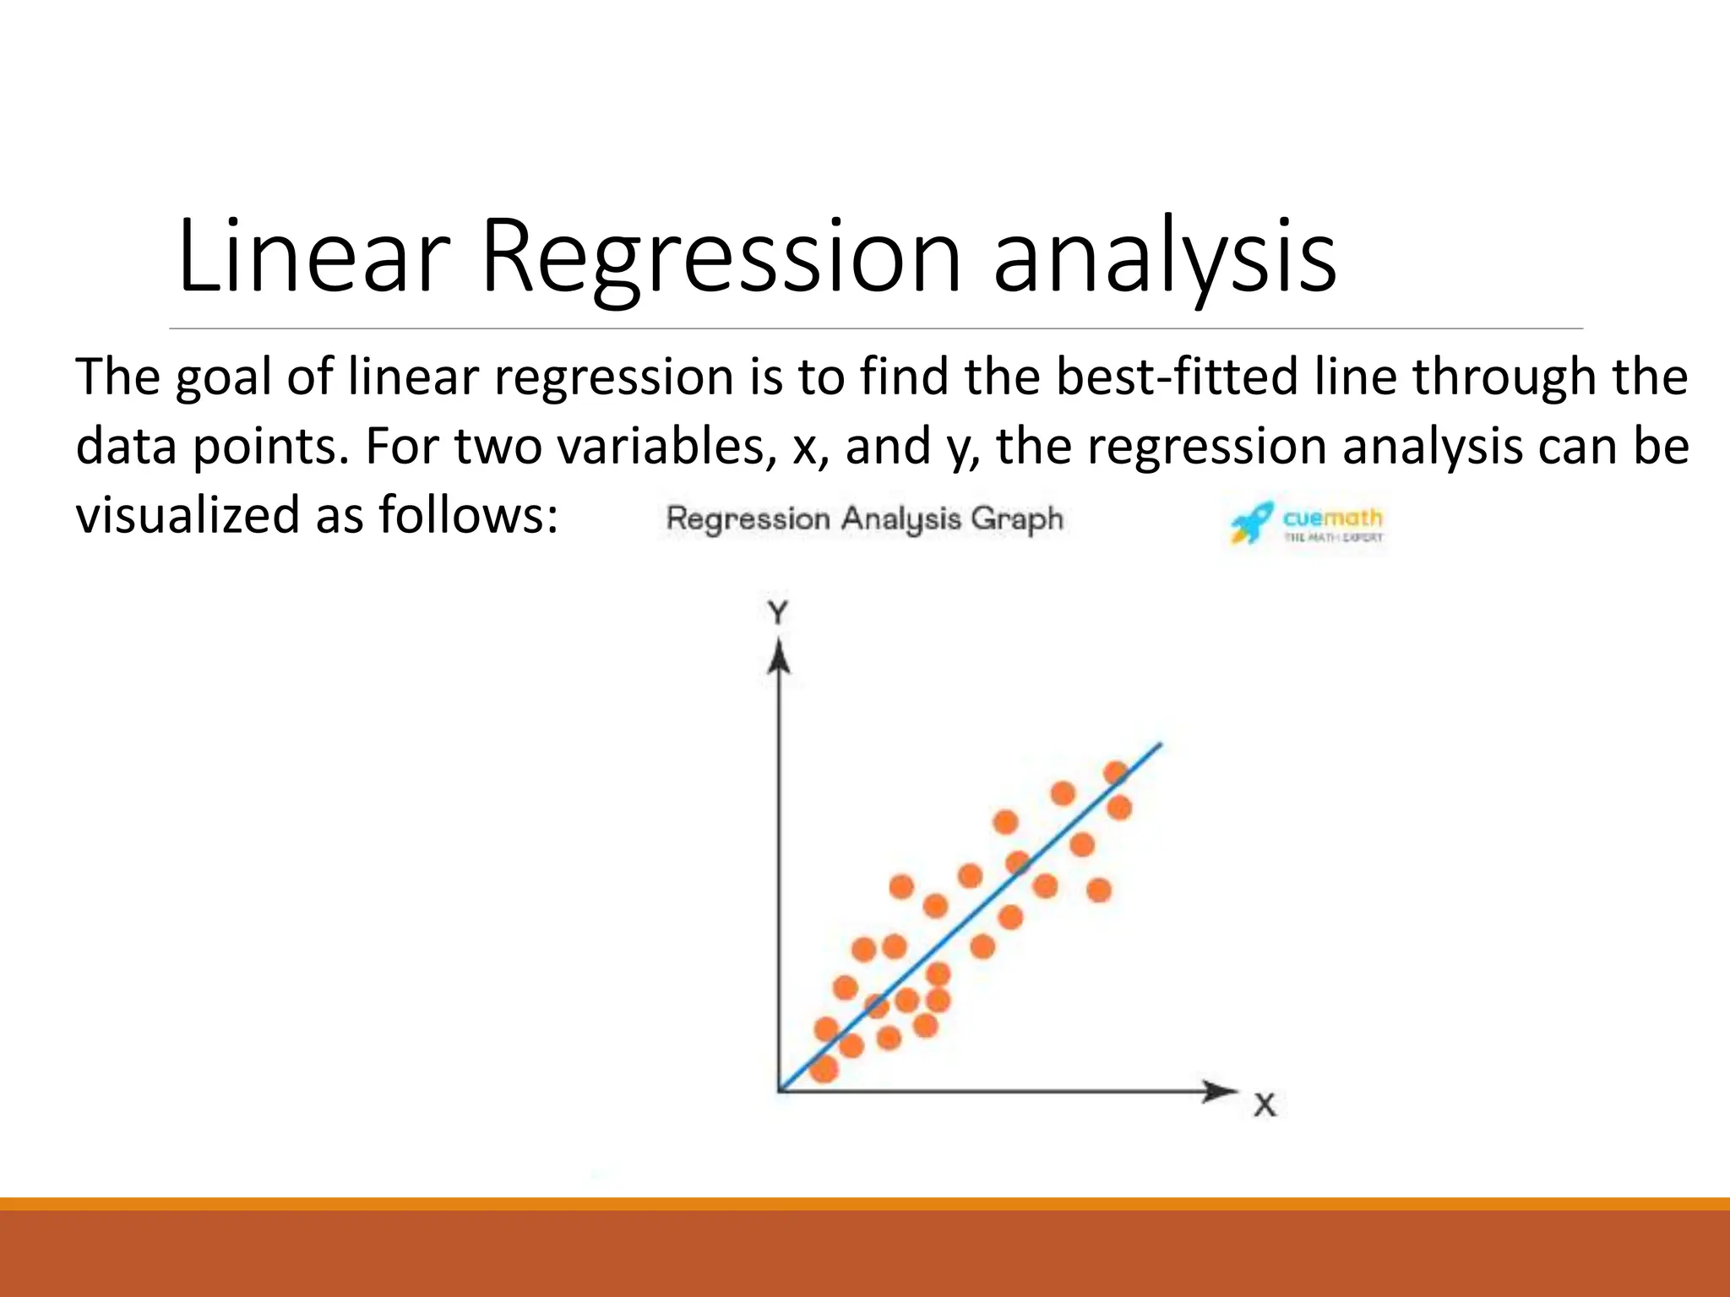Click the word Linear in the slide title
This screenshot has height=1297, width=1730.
313,258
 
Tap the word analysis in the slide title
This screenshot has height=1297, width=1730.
1164,258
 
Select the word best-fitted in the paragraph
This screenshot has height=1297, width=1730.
1177,377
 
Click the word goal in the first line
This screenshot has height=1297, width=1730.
223,378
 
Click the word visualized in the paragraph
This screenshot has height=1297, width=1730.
187,515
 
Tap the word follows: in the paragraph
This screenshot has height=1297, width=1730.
468,515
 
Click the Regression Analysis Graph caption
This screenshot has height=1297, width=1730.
864,518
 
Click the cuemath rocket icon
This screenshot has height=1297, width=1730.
1251,523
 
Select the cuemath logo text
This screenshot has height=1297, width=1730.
1332,518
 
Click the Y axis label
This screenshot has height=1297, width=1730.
777,611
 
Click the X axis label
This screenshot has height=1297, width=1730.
1265,1105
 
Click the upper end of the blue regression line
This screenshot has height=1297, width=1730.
1159,746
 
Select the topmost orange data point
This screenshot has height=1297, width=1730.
1116,773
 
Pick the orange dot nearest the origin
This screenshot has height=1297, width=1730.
824,1069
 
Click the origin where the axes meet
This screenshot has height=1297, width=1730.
779,1091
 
